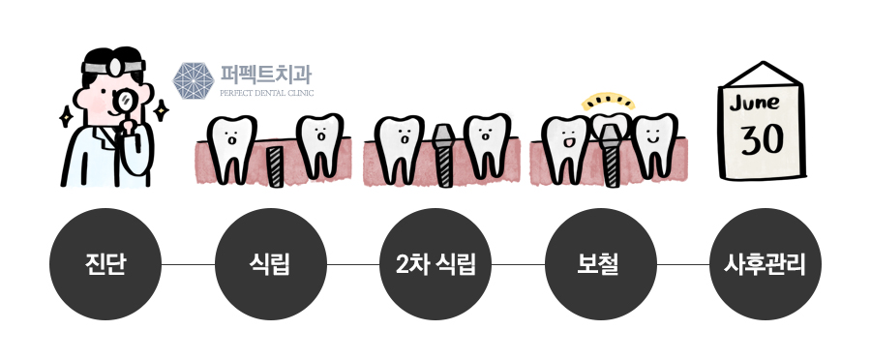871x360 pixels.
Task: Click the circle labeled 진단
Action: (105, 263)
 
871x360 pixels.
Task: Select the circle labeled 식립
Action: (271, 263)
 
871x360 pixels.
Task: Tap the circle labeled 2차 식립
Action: (436, 263)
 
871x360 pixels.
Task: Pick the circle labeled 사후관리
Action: (766, 263)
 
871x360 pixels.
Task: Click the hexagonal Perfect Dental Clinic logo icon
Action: (193, 82)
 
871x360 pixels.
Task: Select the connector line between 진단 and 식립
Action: (188, 263)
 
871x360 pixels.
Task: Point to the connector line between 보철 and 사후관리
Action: (684, 263)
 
